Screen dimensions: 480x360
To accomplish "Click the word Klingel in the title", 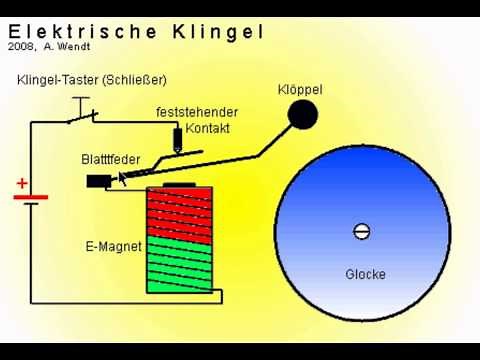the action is click(x=220, y=31).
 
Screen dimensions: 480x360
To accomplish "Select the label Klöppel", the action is click(x=300, y=90).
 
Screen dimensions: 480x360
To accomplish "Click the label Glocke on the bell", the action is click(x=365, y=274).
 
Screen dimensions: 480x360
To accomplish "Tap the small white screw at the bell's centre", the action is click(x=362, y=232).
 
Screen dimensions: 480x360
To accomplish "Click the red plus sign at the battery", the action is click(x=22, y=184).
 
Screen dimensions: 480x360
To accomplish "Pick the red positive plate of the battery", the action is click(x=31, y=196).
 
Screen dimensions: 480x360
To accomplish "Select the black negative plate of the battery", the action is click(x=31, y=205).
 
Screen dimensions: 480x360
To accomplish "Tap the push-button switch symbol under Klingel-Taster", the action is click(x=83, y=116).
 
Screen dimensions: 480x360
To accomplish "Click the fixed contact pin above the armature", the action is click(x=178, y=138).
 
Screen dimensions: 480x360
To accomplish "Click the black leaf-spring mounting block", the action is click(x=98, y=181).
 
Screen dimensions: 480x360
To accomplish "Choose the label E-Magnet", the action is click(x=113, y=245).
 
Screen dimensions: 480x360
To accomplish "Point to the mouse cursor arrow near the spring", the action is click(x=123, y=179).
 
